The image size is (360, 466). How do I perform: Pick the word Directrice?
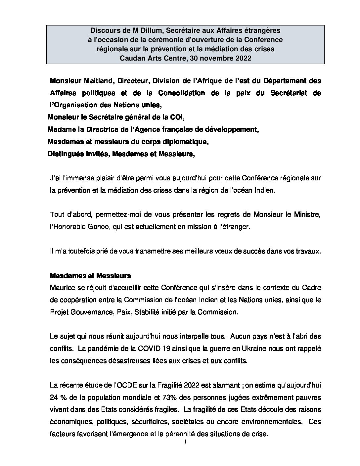[x=99, y=129]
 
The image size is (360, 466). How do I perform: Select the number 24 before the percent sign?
[x=54, y=397]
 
